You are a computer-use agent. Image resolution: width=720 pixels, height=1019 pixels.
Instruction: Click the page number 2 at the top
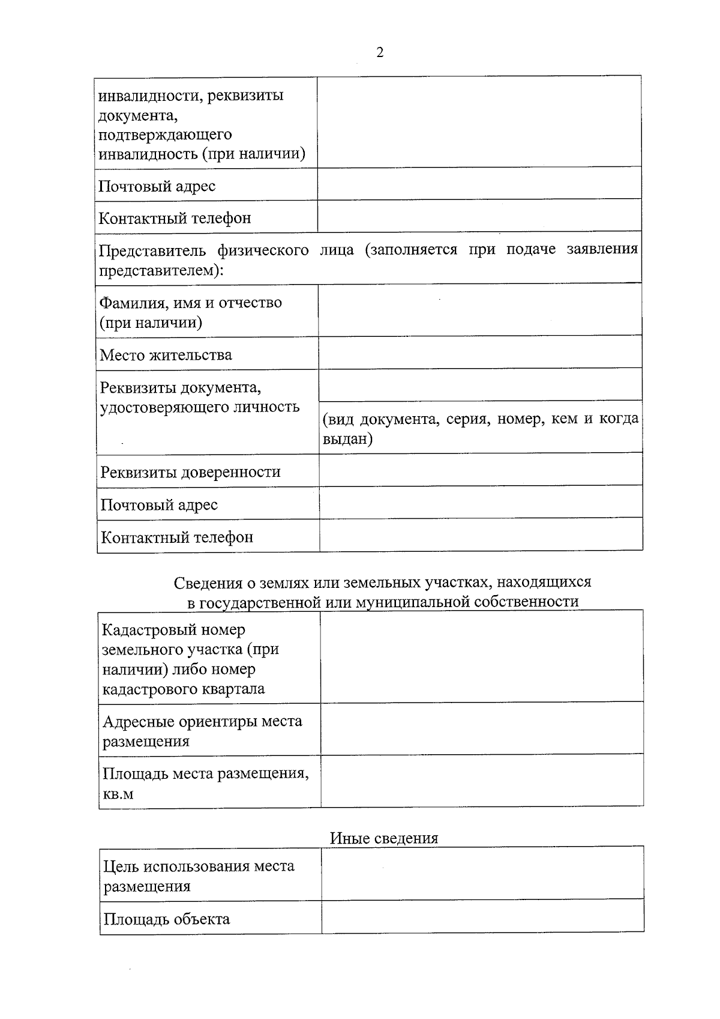coord(379,53)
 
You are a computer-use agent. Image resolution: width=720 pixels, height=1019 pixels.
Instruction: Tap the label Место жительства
coord(166,355)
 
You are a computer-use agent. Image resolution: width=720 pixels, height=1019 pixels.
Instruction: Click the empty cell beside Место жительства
coord(480,352)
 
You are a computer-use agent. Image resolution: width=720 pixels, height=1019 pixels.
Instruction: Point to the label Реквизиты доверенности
coord(190,472)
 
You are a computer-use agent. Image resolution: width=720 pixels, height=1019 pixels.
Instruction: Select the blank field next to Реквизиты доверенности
coord(480,470)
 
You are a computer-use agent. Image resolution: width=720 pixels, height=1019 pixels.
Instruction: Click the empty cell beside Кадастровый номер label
coord(481,656)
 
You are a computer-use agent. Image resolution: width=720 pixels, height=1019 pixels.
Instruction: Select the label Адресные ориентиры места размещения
coord(202,731)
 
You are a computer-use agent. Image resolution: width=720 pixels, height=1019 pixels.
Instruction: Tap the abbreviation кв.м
coord(118,794)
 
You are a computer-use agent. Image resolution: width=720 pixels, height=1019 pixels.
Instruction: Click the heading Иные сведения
coord(383,838)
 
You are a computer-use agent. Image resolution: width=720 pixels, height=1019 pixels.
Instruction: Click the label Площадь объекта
coord(166,919)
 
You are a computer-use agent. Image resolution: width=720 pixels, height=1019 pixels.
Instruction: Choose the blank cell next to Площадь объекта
coord(482,916)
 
